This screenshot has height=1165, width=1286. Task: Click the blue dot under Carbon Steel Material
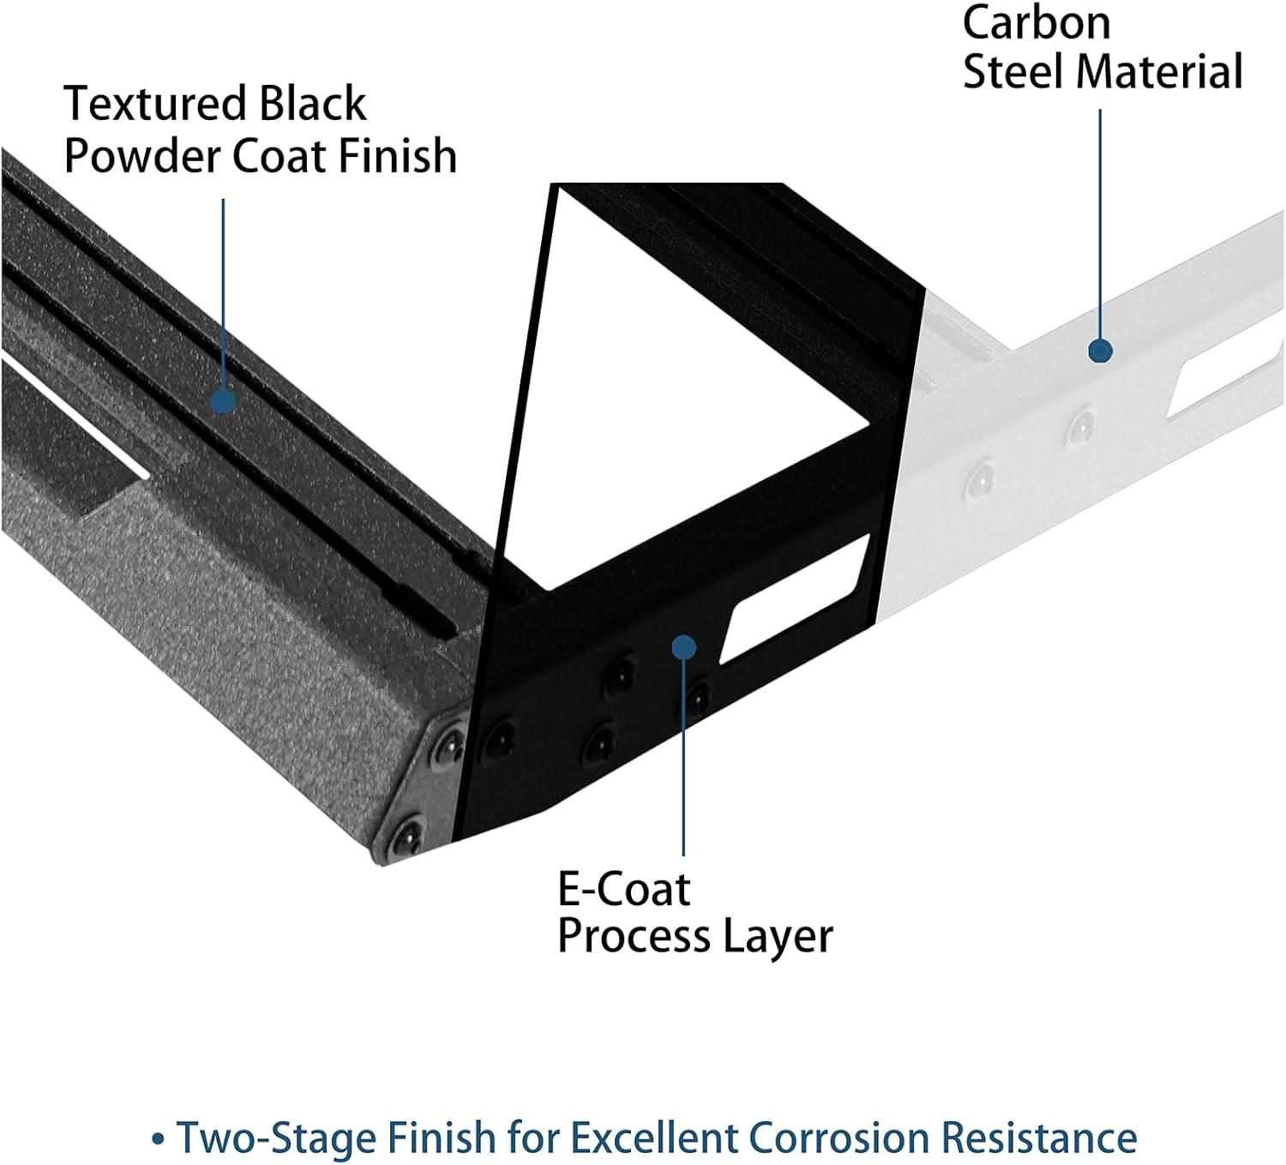point(1100,350)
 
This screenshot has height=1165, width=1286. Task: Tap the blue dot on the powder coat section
point(223,400)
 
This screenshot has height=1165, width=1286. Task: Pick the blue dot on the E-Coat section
point(683,646)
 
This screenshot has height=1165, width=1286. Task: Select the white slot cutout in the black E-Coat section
point(794,600)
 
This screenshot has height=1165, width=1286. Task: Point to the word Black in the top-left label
point(312,105)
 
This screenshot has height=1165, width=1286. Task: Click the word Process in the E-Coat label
point(634,936)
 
